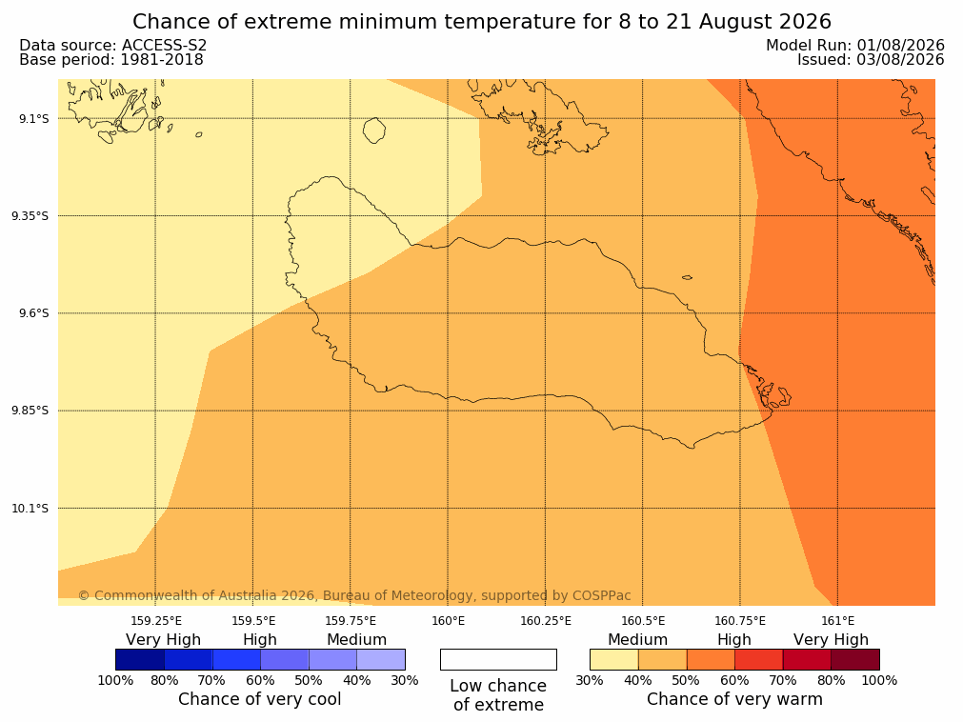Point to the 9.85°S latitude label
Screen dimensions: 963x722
30,411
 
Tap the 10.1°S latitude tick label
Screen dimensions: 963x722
30,509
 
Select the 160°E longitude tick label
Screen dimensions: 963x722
449,621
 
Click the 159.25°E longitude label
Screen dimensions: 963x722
156,621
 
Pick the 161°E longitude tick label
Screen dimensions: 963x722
837,621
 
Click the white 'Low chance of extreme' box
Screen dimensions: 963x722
499,659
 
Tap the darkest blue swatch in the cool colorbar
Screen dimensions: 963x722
140,659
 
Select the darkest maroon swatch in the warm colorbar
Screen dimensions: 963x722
855,659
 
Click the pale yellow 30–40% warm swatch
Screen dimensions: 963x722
614,659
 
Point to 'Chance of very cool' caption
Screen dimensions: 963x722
260,699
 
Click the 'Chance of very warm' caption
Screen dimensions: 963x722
734,699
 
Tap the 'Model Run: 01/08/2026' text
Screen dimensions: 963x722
855,46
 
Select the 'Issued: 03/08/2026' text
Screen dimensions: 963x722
871,60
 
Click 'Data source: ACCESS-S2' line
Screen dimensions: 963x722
113,46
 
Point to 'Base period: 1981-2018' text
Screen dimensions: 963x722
111,60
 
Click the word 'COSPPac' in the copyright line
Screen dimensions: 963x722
601,595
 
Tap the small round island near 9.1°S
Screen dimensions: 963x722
374,130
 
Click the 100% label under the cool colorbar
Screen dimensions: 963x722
115,680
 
